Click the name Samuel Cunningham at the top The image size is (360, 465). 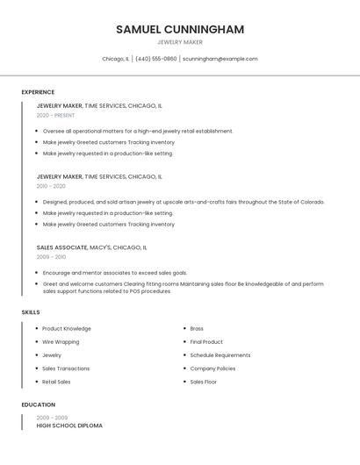(180, 29)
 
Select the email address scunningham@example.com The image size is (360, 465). (220, 59)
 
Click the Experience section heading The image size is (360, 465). (38, 92)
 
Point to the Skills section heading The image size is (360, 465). (31, 312)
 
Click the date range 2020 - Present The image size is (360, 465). (55, 115)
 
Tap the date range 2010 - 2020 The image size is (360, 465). (51, 186)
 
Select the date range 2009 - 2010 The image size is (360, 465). (51, 257)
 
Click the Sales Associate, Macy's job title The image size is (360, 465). (91, 247)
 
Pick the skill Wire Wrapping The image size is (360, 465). (61, 342)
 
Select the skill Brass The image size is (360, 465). (197, 329)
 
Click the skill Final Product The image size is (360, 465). (206, 342)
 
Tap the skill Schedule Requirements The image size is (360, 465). (220, 355)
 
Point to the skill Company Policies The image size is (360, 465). (212, 368)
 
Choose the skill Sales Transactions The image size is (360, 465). (66, 368)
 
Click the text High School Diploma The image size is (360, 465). (69, 426)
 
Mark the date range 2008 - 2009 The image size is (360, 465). (51, 418)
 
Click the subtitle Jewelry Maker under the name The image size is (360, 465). (180, 42)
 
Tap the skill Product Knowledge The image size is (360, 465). (67, 329)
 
